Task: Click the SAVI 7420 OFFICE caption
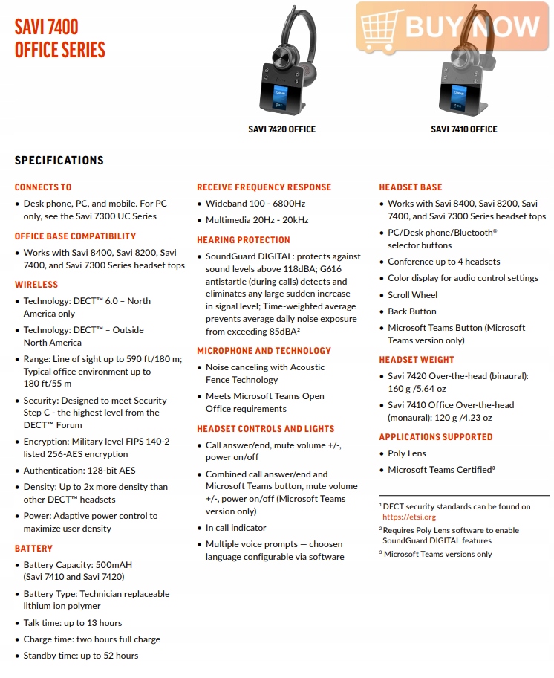pyautogui.click(x=281, y=129)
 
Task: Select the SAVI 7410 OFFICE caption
pyautogui.click(x=463, y=129)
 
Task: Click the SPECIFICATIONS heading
pyautogui.click(x=59, y=161)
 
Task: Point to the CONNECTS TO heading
pyautogui.click(x=43, y=187)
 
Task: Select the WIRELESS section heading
pyautogui.click(x=36, y=285)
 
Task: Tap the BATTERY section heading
pyautogui.click(x=33, y=549)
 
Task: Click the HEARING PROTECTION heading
pyautogui.click(x=244, y=240)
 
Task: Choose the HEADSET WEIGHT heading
pyautogui.click(x=417, y=360)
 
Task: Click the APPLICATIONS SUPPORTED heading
pyautogui.click(x=436, y=437)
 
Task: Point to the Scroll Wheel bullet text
pyautogui.click(x=412, y=295)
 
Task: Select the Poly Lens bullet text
pyautogui.click(x=406, y=453)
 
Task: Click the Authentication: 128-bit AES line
pyautogui.click(x=79, y=471)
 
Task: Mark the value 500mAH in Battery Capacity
pyautogui.click(x=114, y=565)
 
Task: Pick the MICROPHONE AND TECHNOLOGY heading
pyautogui.click(x=264, y=351)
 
